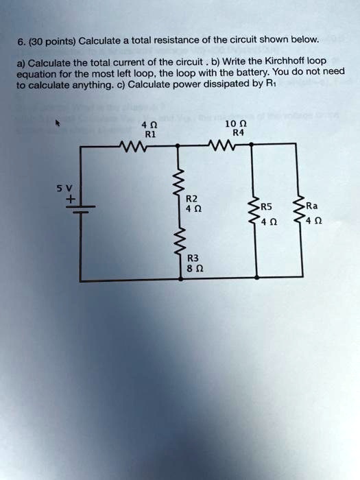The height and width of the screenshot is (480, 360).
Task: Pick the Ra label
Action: coord(312,204)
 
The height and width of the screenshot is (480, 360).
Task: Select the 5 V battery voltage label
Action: coord(69,186)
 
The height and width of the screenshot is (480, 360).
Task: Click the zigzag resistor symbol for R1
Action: coord(133,145)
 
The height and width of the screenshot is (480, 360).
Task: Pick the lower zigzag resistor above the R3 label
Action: coord(180,241)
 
